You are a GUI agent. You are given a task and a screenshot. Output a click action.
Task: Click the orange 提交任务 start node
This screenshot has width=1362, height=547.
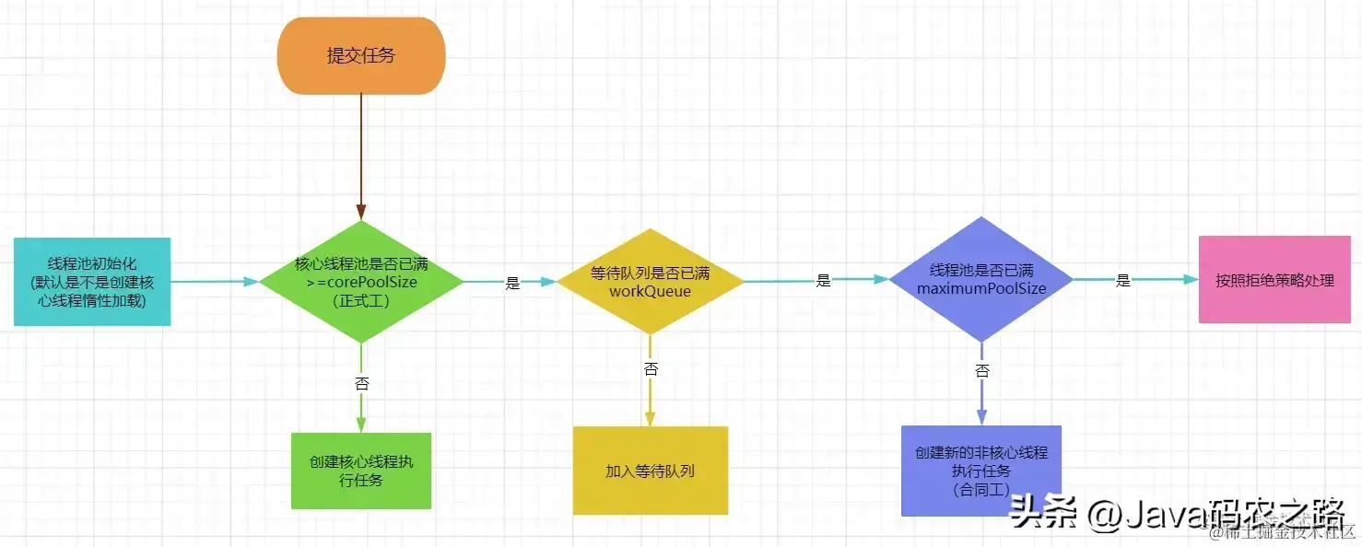361,55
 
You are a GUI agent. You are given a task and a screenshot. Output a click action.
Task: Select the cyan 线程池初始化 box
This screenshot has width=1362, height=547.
92,281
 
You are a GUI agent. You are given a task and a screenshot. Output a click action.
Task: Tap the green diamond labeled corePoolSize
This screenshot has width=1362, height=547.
361,282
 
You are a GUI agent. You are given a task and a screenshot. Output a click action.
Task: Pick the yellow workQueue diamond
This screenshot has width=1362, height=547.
651,282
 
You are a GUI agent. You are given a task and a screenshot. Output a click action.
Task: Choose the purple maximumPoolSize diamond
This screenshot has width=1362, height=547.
981,280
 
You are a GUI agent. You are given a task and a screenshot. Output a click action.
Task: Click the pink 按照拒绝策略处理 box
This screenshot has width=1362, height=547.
1274,280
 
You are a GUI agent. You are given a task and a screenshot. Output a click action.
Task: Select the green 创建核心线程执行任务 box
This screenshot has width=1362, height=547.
361,471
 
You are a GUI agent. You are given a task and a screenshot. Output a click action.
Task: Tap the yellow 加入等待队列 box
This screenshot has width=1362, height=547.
650,471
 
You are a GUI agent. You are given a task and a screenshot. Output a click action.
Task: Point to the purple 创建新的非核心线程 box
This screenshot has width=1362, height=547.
981,471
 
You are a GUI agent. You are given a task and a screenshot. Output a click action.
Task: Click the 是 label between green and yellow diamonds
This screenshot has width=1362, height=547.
513,284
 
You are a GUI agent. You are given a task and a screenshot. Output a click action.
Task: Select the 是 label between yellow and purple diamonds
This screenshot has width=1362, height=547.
824,281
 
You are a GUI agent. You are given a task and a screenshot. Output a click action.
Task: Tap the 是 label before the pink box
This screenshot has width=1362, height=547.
1122,281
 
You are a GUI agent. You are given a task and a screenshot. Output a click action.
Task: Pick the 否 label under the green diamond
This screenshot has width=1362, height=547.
361,383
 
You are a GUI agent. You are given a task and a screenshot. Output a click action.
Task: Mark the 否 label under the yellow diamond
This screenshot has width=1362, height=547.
651,368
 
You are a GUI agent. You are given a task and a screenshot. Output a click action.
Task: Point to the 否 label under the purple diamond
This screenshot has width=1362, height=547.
982,370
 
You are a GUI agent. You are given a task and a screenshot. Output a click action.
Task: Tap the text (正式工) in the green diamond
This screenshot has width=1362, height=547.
361,301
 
